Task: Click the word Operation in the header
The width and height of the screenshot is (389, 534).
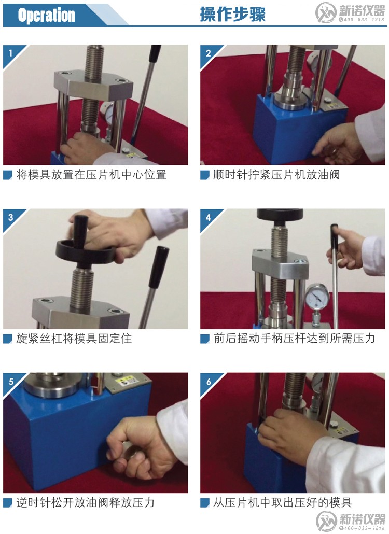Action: pyautogui.click(x=46, y=15)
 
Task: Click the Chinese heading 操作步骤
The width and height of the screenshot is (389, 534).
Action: pyautogui.click(x=232, y=15)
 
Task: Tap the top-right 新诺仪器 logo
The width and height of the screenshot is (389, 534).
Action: pyautogui.click(x=351, y=13)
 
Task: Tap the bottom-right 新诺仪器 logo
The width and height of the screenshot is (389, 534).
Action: pyautogui.click(x=351, y=520)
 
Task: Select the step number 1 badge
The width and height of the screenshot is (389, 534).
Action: pyautogui.click(x=10, y=52)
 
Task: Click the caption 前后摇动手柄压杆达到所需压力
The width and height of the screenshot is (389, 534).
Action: pyautogui.click(x=294, y=339)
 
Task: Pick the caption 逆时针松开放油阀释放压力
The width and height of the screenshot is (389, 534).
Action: pyautogui.click(x=85, y=502)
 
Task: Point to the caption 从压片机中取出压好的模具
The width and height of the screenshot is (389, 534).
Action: pyautogui.click(x=282, y=502)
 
